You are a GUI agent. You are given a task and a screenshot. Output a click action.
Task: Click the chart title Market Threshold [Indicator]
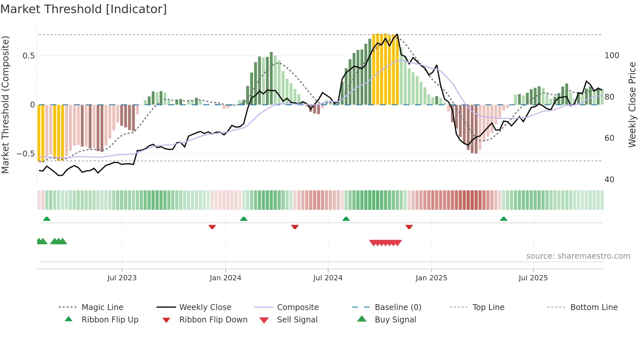point(84,9)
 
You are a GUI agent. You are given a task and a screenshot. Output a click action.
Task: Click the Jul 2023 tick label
point(122,278)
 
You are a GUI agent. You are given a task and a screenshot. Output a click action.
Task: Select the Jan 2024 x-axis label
point(225,278)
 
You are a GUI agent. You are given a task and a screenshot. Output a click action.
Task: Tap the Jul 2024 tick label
point(328,278)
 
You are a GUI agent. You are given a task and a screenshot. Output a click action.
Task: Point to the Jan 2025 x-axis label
point(431,278)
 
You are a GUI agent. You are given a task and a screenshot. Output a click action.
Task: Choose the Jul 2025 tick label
point(533,278)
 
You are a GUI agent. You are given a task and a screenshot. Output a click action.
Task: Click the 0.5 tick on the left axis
point(29,56)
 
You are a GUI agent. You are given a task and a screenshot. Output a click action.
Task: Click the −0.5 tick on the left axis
point(26,154)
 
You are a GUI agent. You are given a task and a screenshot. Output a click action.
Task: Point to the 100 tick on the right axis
point(612,56)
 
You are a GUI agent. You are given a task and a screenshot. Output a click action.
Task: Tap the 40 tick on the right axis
point(609,180)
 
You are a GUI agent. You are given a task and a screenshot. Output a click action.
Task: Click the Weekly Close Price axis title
point(632,105)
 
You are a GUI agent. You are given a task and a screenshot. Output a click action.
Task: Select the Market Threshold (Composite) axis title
point(5,105)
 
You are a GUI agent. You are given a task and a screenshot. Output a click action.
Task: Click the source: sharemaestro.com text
point(578,256)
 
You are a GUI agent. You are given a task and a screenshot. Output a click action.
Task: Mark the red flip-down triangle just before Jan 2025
point(409,227)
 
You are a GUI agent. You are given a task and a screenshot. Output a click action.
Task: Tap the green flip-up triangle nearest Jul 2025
point(504,219)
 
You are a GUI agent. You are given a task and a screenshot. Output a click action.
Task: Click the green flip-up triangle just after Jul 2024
point(346,219)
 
